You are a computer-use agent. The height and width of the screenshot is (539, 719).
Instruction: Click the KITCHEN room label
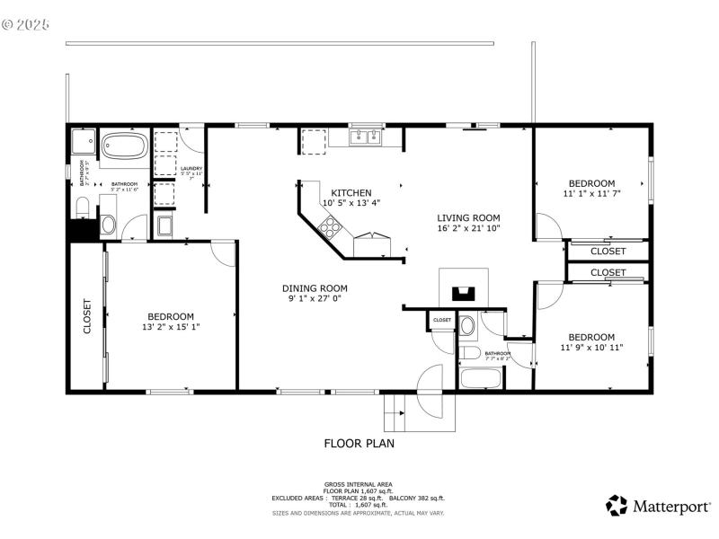click(x=351, y=192)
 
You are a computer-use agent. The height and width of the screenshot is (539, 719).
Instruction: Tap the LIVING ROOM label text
click(x=468, y=217)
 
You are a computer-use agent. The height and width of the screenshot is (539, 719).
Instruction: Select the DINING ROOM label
click(x=317, y=288)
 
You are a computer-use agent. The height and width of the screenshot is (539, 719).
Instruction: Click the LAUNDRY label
click(x=191, y=168)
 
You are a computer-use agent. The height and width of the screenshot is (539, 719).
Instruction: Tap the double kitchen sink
click(x=365, y=137)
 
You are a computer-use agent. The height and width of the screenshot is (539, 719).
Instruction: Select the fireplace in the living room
click(x=463, y=291)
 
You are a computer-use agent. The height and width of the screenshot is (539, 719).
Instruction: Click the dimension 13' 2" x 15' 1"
click(x=171, y=327)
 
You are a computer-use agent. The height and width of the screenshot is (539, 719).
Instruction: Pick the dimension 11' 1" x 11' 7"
click(x=591, y=193)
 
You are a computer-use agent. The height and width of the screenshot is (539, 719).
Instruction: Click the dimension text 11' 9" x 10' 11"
click(x=591, y=347)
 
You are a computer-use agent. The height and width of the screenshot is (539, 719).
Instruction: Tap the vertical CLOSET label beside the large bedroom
click(x=87, y=316)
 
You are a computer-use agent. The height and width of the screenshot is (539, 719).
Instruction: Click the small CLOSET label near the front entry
click(x=442, y=320)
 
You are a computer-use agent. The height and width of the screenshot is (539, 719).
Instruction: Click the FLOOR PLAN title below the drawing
click(x=359, y=443)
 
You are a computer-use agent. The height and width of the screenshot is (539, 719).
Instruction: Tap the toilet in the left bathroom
click(x=83, y=208)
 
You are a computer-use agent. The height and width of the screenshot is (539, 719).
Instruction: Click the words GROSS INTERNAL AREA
click(x=359, y=484)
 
